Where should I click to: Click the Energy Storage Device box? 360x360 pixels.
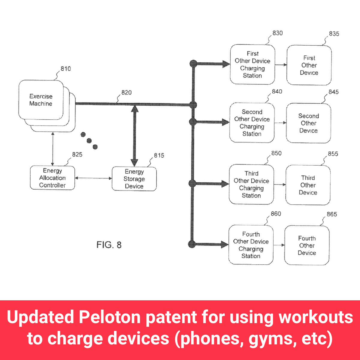click(x=134, y=179)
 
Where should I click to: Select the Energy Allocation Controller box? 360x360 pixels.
click(x=52, y=178)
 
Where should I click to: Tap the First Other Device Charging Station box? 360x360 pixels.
click(x=252, y=64)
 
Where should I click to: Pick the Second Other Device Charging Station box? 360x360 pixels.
click(x=252, y=123)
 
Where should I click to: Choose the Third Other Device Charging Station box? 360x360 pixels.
click(x=251, y=184)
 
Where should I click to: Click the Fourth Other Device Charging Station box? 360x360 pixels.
click(x=251, y=245)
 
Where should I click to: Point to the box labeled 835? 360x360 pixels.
click(x=309, y=65)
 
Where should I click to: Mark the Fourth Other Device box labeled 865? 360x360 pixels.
click(x=307, y=245)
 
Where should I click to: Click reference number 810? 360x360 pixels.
click(x=66, y=69)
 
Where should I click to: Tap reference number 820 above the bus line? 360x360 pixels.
click(x=126, y=92)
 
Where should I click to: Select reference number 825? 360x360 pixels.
click(x=77, y=154)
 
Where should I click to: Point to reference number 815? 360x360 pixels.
click(x=159, y=155)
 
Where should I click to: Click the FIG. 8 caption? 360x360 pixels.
click(x=109, y=245)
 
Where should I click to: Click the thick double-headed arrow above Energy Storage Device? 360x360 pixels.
click(x=134, y=135)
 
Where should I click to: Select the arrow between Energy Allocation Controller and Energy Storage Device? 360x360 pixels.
click(x=93, y=178)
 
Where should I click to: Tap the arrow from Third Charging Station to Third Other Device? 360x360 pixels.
click(x=280, y=184)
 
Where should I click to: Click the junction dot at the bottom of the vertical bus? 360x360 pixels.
click(x=192, y=244)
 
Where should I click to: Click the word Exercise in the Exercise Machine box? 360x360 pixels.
click(x=41, y=96)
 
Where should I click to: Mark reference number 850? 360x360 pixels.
click(x=276, y=153)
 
